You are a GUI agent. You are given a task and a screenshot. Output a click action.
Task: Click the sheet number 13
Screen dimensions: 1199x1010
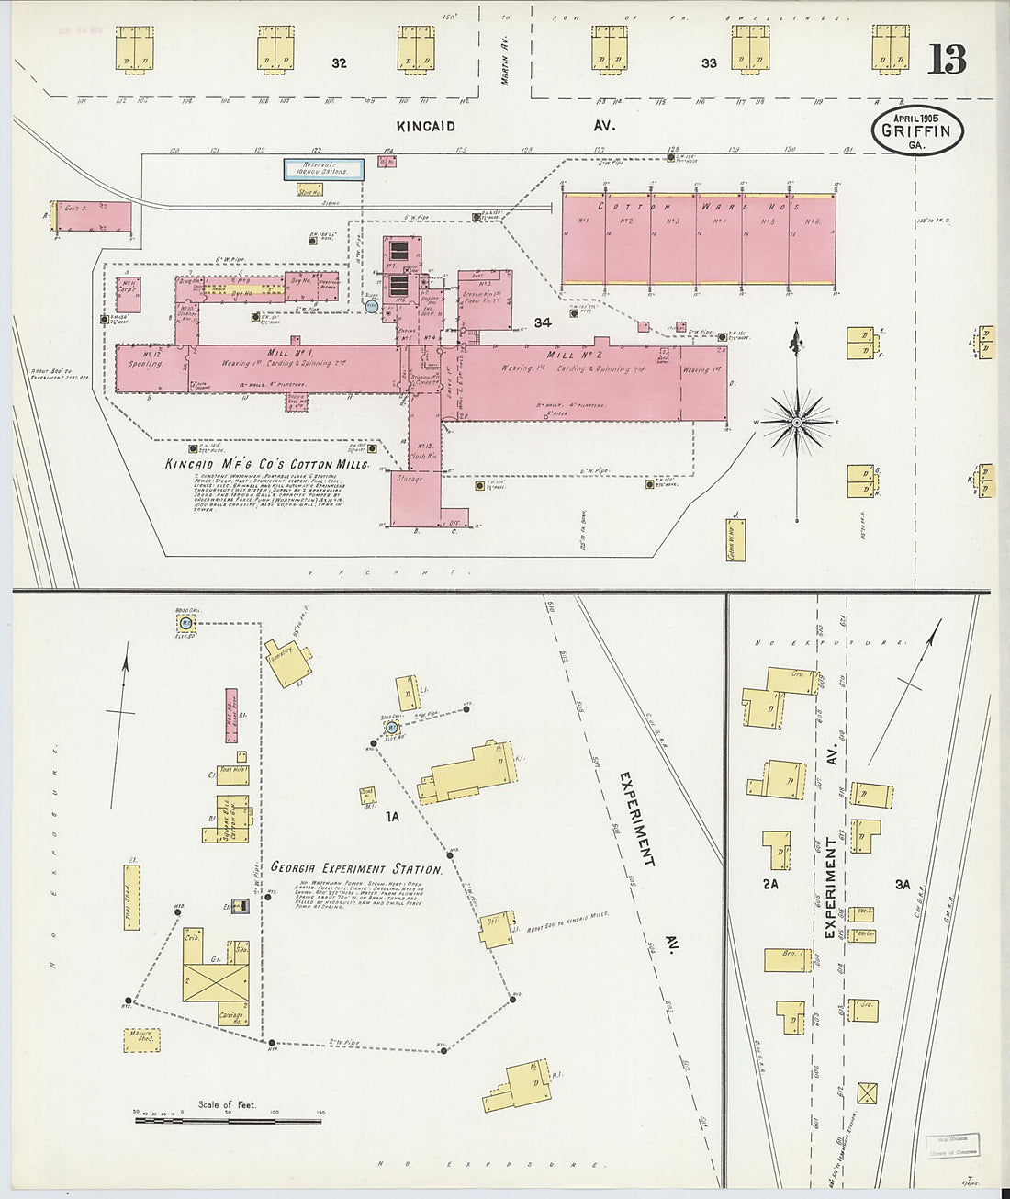[x=947, y=59]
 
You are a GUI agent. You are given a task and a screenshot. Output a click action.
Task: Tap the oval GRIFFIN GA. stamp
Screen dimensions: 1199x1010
[x=915, y=130]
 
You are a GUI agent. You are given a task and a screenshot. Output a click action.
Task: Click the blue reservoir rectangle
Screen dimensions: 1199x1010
[x=322, y=168]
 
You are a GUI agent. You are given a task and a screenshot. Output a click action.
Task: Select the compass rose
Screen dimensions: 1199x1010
[x=796, y=422]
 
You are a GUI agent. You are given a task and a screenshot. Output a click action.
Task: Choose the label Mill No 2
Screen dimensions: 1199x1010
[x=574, y=355]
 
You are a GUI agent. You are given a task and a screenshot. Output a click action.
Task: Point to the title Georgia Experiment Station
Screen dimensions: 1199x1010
[x=356, y=868]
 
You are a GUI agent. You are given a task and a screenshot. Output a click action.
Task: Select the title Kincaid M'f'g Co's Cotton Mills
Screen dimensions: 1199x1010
[x=266, y=465]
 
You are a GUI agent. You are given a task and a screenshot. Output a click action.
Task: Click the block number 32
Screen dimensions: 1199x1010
[x=340, y=63]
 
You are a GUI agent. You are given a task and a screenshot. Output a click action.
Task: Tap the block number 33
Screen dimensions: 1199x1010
[x=708, y=63]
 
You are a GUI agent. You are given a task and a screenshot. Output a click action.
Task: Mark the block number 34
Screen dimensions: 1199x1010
[x=542, y=322]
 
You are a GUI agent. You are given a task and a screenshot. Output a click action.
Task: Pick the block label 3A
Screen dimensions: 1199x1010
[x=902, y=884]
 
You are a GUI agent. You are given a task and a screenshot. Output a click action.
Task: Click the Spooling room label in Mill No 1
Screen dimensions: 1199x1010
[x=146, y=363]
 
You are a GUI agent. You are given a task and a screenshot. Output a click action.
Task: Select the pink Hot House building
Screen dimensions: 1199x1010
[x=231, y=712]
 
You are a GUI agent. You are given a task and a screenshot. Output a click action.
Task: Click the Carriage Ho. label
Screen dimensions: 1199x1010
[x=231, y=1016]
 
